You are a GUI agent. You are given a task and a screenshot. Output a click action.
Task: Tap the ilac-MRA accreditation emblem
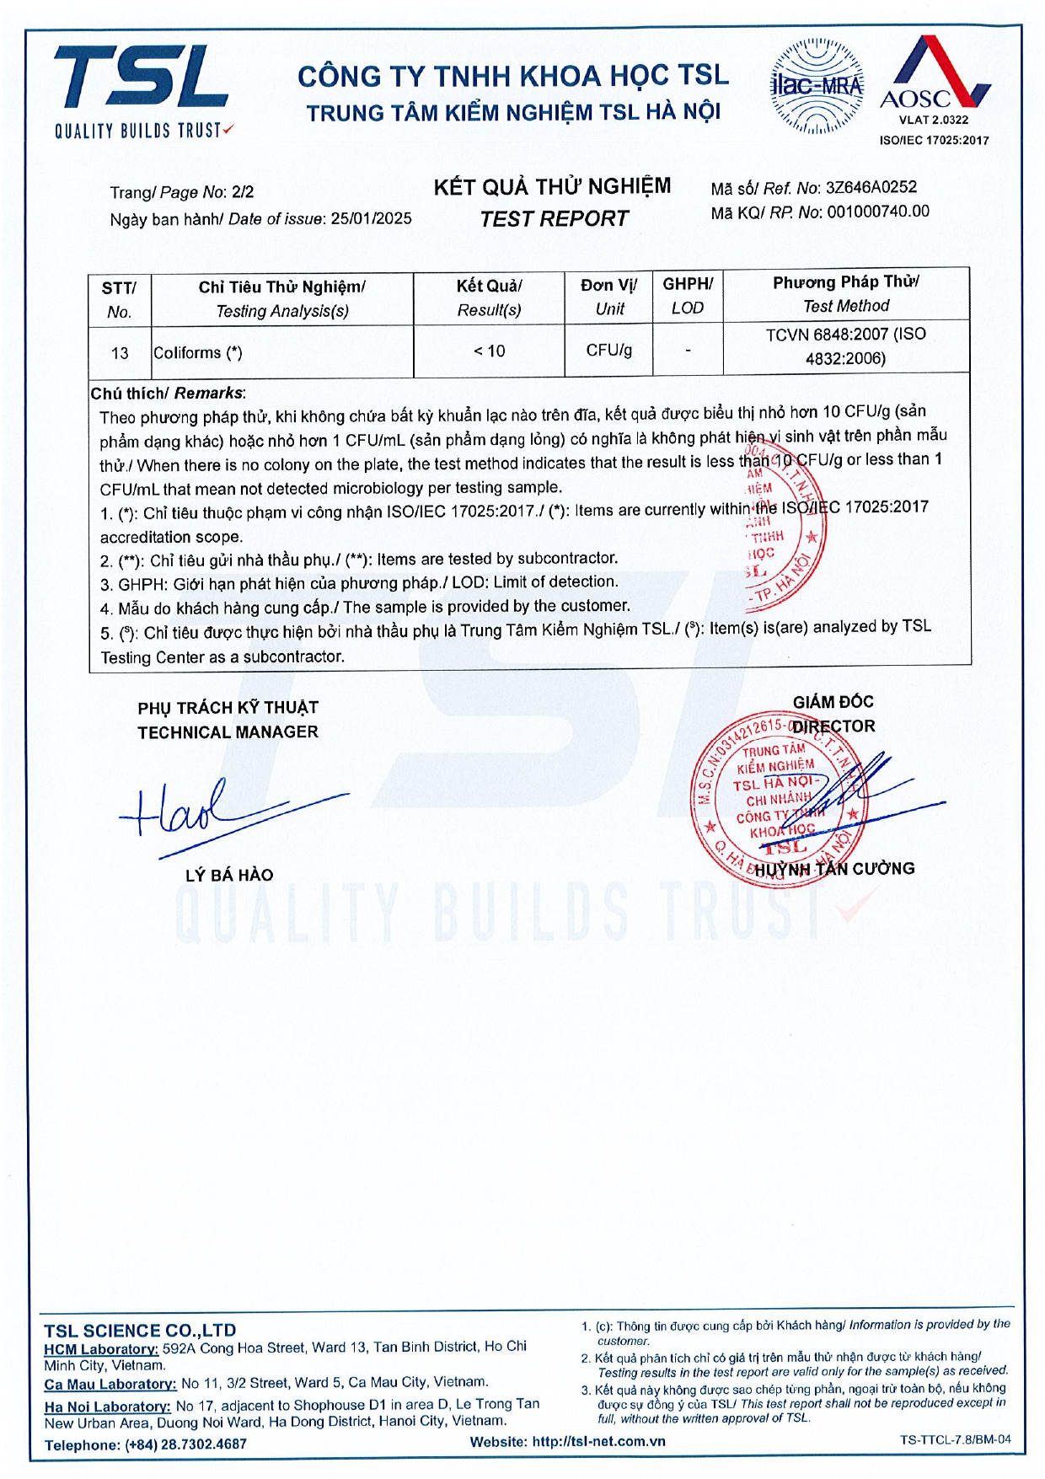point(817,86)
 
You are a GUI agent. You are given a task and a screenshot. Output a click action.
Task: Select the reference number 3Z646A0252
point(871,188)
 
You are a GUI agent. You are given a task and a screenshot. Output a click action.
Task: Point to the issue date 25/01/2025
point(371,218)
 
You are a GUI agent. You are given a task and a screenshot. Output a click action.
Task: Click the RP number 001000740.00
point(878,212)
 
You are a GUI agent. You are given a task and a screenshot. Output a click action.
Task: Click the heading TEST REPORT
point(554,219)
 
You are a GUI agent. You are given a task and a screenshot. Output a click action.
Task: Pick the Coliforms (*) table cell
point(198,352)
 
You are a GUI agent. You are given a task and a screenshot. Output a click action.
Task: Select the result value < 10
point(489,351)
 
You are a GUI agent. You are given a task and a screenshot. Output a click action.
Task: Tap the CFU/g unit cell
point(609,350)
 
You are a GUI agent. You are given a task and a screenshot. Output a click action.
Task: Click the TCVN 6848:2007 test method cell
point(845,346)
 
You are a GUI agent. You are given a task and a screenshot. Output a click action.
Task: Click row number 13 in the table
point(120,353)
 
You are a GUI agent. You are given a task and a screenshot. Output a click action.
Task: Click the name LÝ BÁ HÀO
point(229,875)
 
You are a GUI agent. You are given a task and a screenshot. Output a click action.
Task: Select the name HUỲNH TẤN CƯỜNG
point(834,869)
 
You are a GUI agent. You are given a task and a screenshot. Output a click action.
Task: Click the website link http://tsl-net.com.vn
point(598,1441)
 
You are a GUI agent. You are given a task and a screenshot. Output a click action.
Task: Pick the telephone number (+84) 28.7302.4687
point(185,1444)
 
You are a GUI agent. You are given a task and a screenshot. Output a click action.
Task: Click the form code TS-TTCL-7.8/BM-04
point(955,1439)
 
